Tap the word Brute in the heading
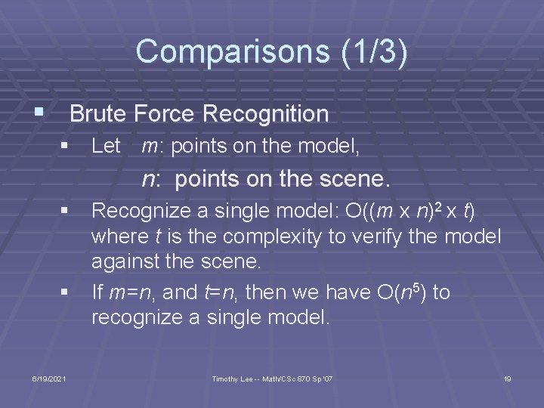[x=98, y=114]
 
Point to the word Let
[x=106, y=147]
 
